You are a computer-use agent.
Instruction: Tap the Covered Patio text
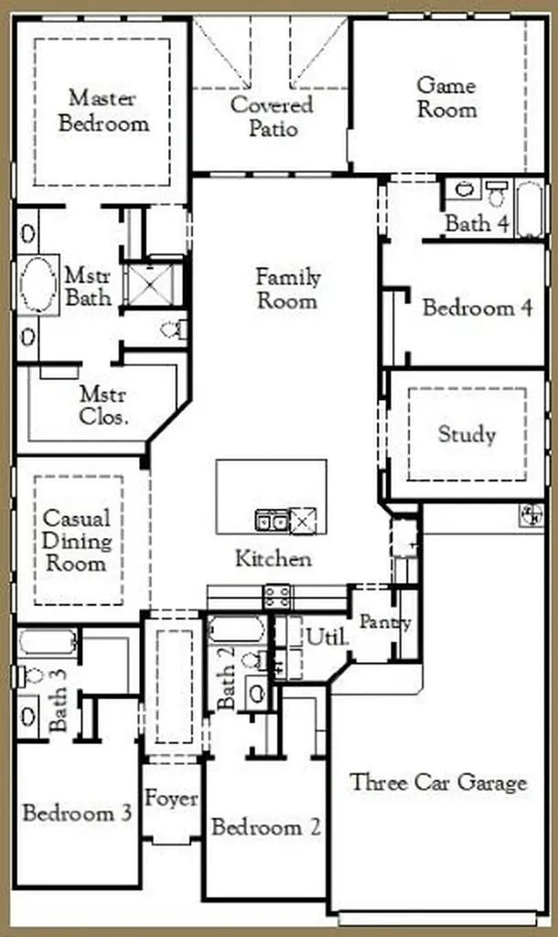coord(272,116)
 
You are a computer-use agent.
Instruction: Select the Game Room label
coord(447,97)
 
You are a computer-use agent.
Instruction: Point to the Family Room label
coord(288,288)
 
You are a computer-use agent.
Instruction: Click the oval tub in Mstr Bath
coord(38,285)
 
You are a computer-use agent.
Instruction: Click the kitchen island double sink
coord(272,521)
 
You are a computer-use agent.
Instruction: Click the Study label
coord(467,435)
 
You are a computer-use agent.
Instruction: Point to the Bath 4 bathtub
coord(530,209)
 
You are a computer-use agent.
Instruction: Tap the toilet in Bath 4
coord(496,193)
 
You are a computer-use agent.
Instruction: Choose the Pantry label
coord(385,622)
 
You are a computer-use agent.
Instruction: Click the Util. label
coord(327,637)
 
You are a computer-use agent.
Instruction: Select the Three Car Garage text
coord(438,783)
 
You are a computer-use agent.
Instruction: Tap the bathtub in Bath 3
coord(48,642)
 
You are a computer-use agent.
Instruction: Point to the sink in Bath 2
coord(257,694)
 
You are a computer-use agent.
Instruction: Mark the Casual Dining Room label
coord(77,541)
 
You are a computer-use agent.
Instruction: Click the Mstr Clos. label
coord(103,405)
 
